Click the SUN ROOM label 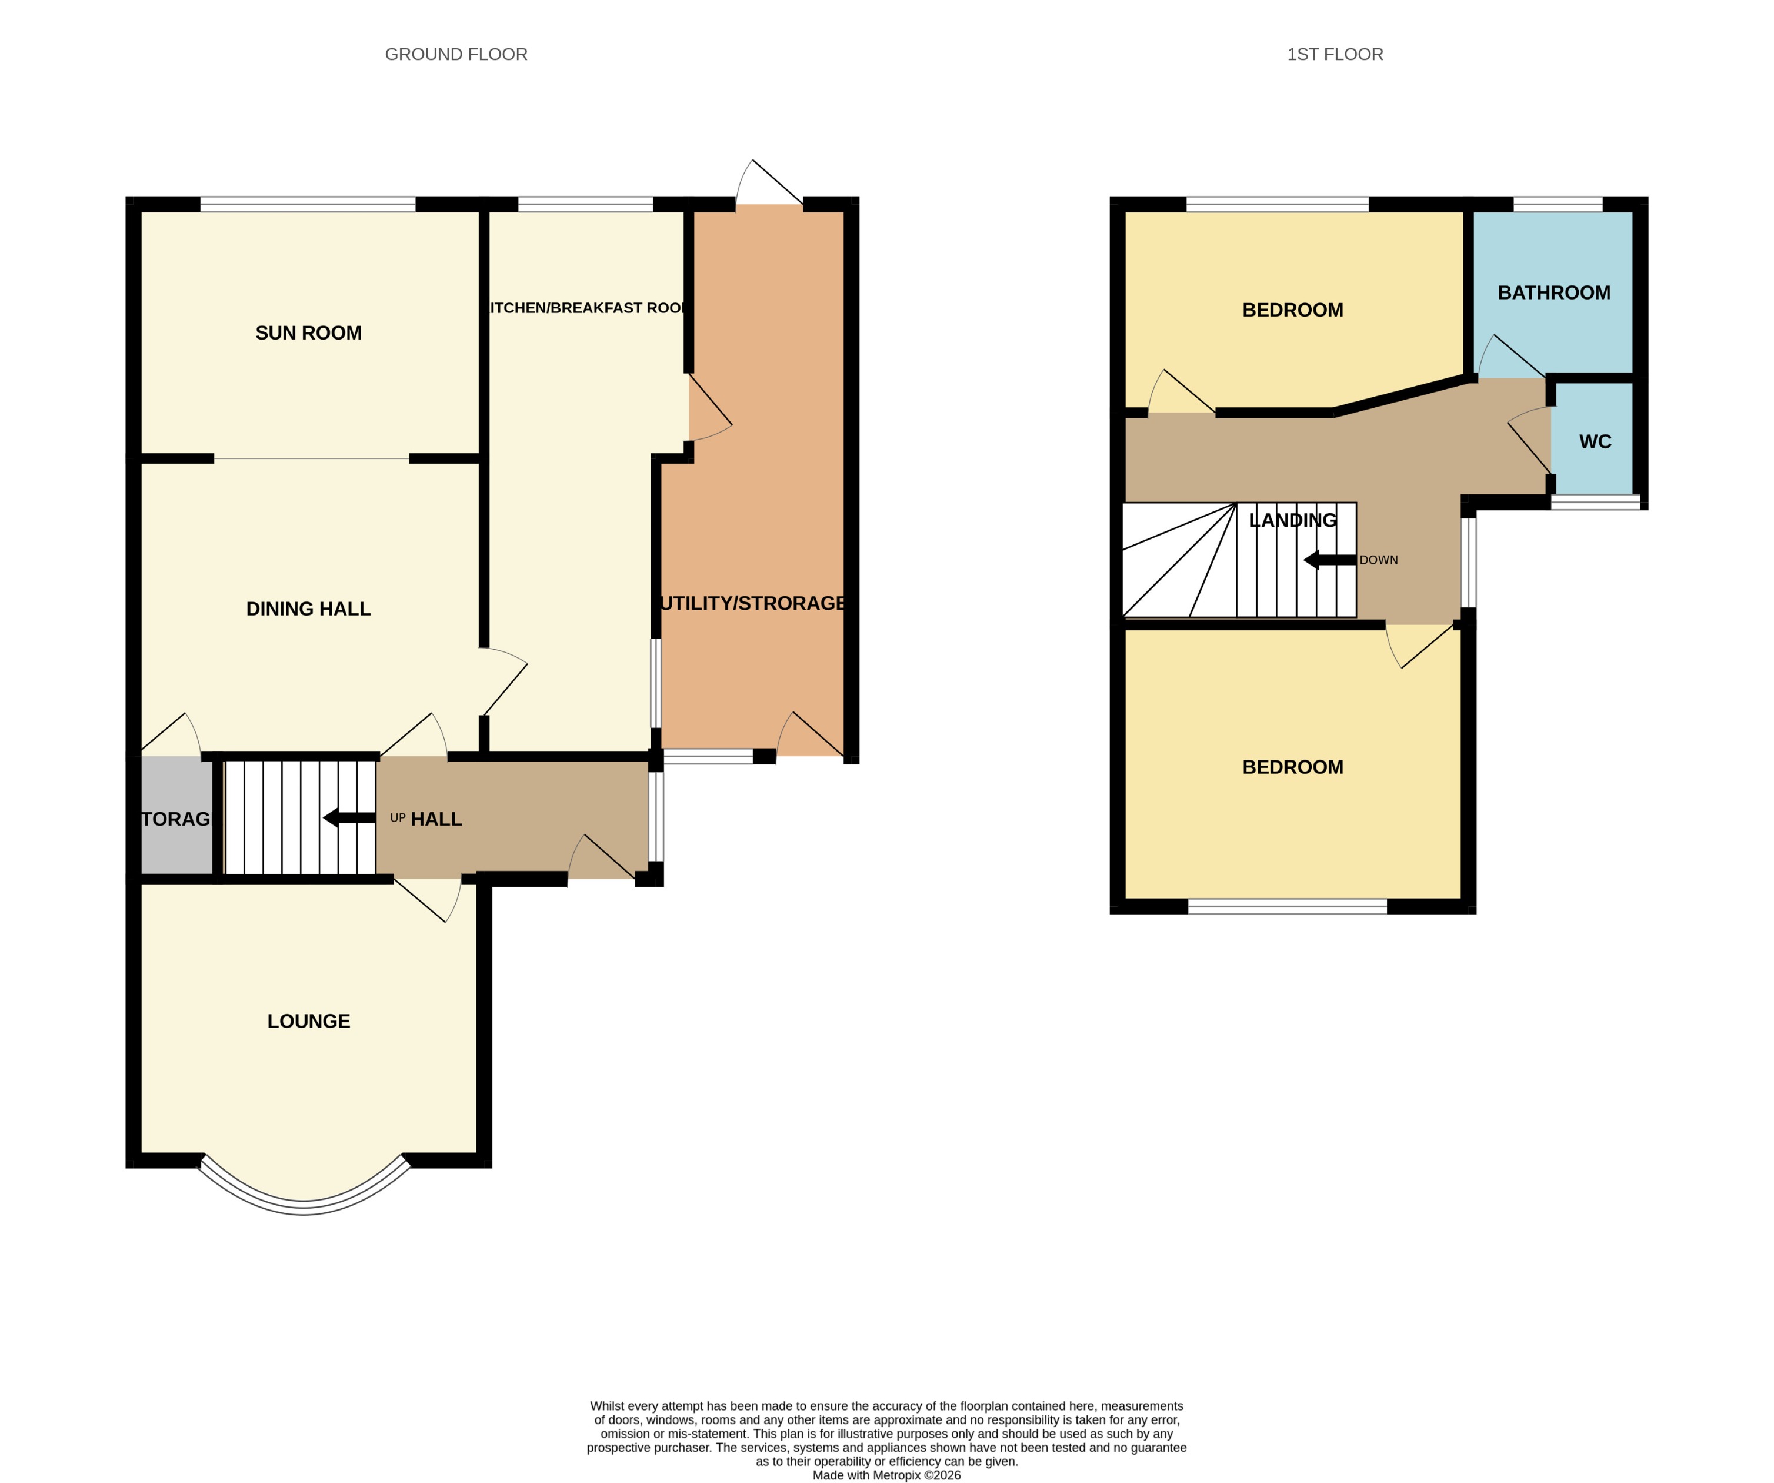(x=308, y=333)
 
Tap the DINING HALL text (x=308, y=609)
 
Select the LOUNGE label (x=308, y=1021)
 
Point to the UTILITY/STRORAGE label (x=753, y=603)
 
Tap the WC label (x=1595, y=441)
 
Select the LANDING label (x=1292, y=521)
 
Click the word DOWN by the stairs (x=1379, y=560)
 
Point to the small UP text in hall (x=398, y=818)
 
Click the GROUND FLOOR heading (x=456, y=54)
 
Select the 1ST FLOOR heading (x=1335, y=54)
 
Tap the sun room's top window (x=308, y=204)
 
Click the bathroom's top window (x=1558, y=204)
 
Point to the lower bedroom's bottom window (x=1288, y=907)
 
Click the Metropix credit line (x=886, y=1475)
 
